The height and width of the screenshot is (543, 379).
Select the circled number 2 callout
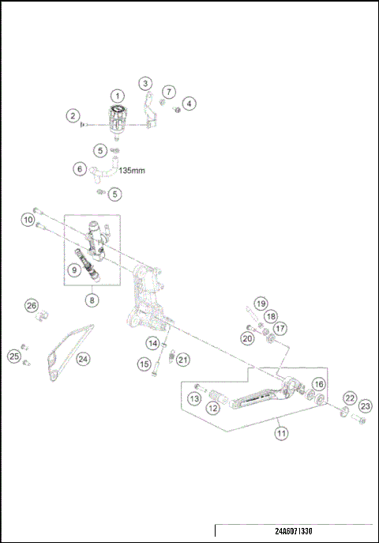[73, 116]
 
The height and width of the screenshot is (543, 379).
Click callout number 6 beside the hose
[79, 168]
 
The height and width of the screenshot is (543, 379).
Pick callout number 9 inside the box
[73, 270]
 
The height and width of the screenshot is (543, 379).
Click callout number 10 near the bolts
[28, 219]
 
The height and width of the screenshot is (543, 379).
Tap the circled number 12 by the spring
[212, 408]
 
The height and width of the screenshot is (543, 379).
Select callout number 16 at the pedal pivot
[318, 384]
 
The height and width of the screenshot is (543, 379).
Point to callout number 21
[183, 360]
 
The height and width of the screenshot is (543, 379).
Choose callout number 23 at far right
[365, 405]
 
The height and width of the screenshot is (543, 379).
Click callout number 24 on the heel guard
[82, 358]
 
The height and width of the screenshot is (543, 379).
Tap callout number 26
[32, 306]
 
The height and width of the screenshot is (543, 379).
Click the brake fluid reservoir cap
[117, 111]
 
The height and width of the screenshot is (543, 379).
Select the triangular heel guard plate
[63, 356]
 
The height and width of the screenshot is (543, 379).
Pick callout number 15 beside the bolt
[144, 364]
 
